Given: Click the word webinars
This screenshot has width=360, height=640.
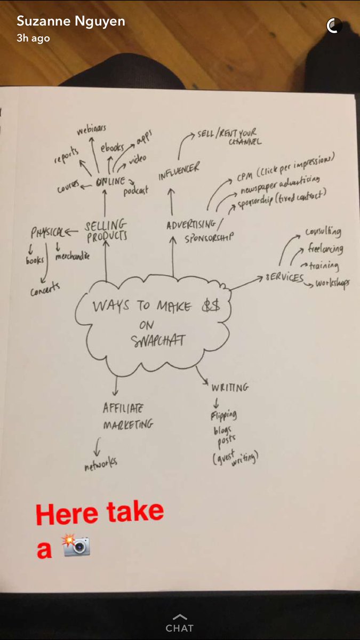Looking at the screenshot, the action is click(x=91, y=130).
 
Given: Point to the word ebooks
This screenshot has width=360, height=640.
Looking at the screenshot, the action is click(x=113, y=149).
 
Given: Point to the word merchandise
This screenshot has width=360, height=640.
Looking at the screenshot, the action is click(x=72, y=257).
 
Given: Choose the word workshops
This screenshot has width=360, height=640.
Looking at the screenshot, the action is click(x=332, y=284).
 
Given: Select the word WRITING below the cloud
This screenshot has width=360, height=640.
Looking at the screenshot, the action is click(x=229, y=387).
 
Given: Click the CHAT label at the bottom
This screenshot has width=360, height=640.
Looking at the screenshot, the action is click(x=180, y=628).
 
